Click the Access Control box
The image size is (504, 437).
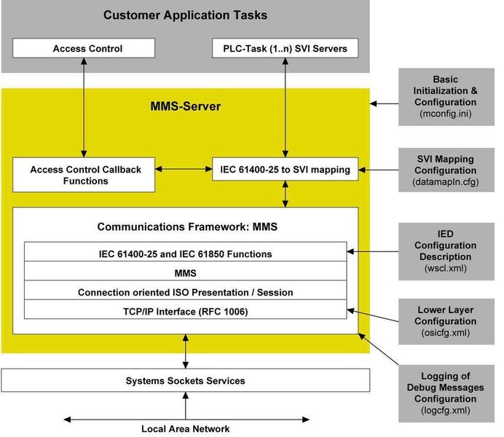pyautogui.click(x=87, y=49)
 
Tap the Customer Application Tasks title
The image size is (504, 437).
pyautogui.click(x=185, y=15)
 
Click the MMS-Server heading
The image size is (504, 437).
pyautogui.click(x=185, y=106)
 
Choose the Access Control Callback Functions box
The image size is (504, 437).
pyautogui.click(x=85, y=175)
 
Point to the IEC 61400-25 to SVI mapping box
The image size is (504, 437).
pyautogui.click(x=285, y=170)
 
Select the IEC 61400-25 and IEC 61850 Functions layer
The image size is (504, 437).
pyautogui.click(x=185, y=253)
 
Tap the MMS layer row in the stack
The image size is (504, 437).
pyautogui.click(x=185, y=273)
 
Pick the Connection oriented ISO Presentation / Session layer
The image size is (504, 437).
pyautogui.click(x=185, y=292)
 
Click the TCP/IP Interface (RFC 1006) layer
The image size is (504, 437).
pyautogui.click(x=185, y=311)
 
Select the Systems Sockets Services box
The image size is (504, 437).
pyautogui.click(x=185, y=380)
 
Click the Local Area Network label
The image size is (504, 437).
pyautogui.click(x=185, y=428)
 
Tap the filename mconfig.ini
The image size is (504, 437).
pyautogui.click(x=444, y=114)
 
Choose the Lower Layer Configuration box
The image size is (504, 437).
pyautogui.click(x=444, y=320)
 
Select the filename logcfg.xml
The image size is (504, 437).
pyautogui.click(x=444, y=411)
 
